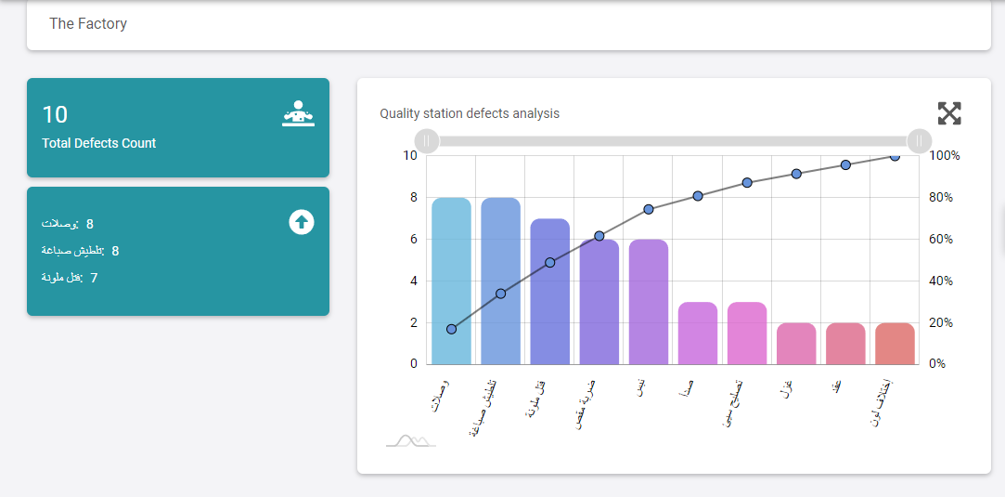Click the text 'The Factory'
coord(88,24)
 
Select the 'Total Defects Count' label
coord(99,143)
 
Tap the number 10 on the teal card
coord(55,114)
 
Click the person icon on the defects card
coord(299,113)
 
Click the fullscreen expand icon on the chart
coord(949,114)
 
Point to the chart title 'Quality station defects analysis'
coord(470,113)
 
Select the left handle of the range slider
coord(426,141)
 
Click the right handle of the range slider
coord(919,141)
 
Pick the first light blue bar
coord(451,281)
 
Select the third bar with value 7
coord(549,291)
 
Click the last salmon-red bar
coord(895,344)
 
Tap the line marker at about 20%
coord(451,329)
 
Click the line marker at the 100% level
coord(895,156)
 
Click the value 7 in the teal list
coord(94,278)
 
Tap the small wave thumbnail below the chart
coord(411,440)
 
